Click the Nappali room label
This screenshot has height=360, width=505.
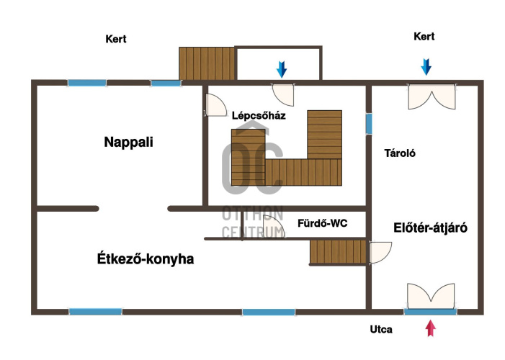[x=128, y=142]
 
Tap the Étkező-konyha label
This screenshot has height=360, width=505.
[x=146, y=259]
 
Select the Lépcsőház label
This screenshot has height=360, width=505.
[x=259, y=116]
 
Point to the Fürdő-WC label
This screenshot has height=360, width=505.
[x=323, y=223]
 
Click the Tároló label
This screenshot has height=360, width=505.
[x=400, y=153]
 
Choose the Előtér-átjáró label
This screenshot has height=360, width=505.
[x=430, y=228]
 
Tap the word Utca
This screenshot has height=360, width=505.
[x=381, y=330]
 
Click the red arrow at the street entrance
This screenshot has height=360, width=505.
[x=431, y=328]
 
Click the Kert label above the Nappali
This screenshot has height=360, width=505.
[x=115, y=39]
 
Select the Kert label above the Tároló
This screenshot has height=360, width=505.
[x=424, y=37]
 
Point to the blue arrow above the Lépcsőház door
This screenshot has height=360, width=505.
[x=282, y=69]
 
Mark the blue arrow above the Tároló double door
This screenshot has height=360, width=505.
[x=426, y=67]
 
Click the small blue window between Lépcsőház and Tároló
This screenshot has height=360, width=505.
[x=369, y=124]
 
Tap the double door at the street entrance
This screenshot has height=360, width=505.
[x=431, y=296]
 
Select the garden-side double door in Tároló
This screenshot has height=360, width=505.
[x=432, y=96]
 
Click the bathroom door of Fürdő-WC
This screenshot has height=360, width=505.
[x=272, y=227]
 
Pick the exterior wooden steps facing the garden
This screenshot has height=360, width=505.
[x=207, y=63]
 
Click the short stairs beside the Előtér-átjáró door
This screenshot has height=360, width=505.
[x=338, y=251]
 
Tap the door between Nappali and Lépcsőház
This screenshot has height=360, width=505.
[x=215, y=105]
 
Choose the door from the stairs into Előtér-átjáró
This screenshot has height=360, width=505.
[x=380, y=253]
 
